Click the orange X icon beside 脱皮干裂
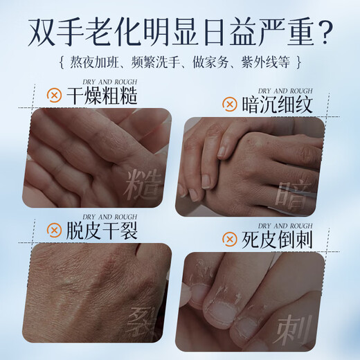click(x=51, y=229)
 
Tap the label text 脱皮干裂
click(x=100, y=229)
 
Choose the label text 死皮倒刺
click(x=276, y=240)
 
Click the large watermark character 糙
click(x=144, y=181)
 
